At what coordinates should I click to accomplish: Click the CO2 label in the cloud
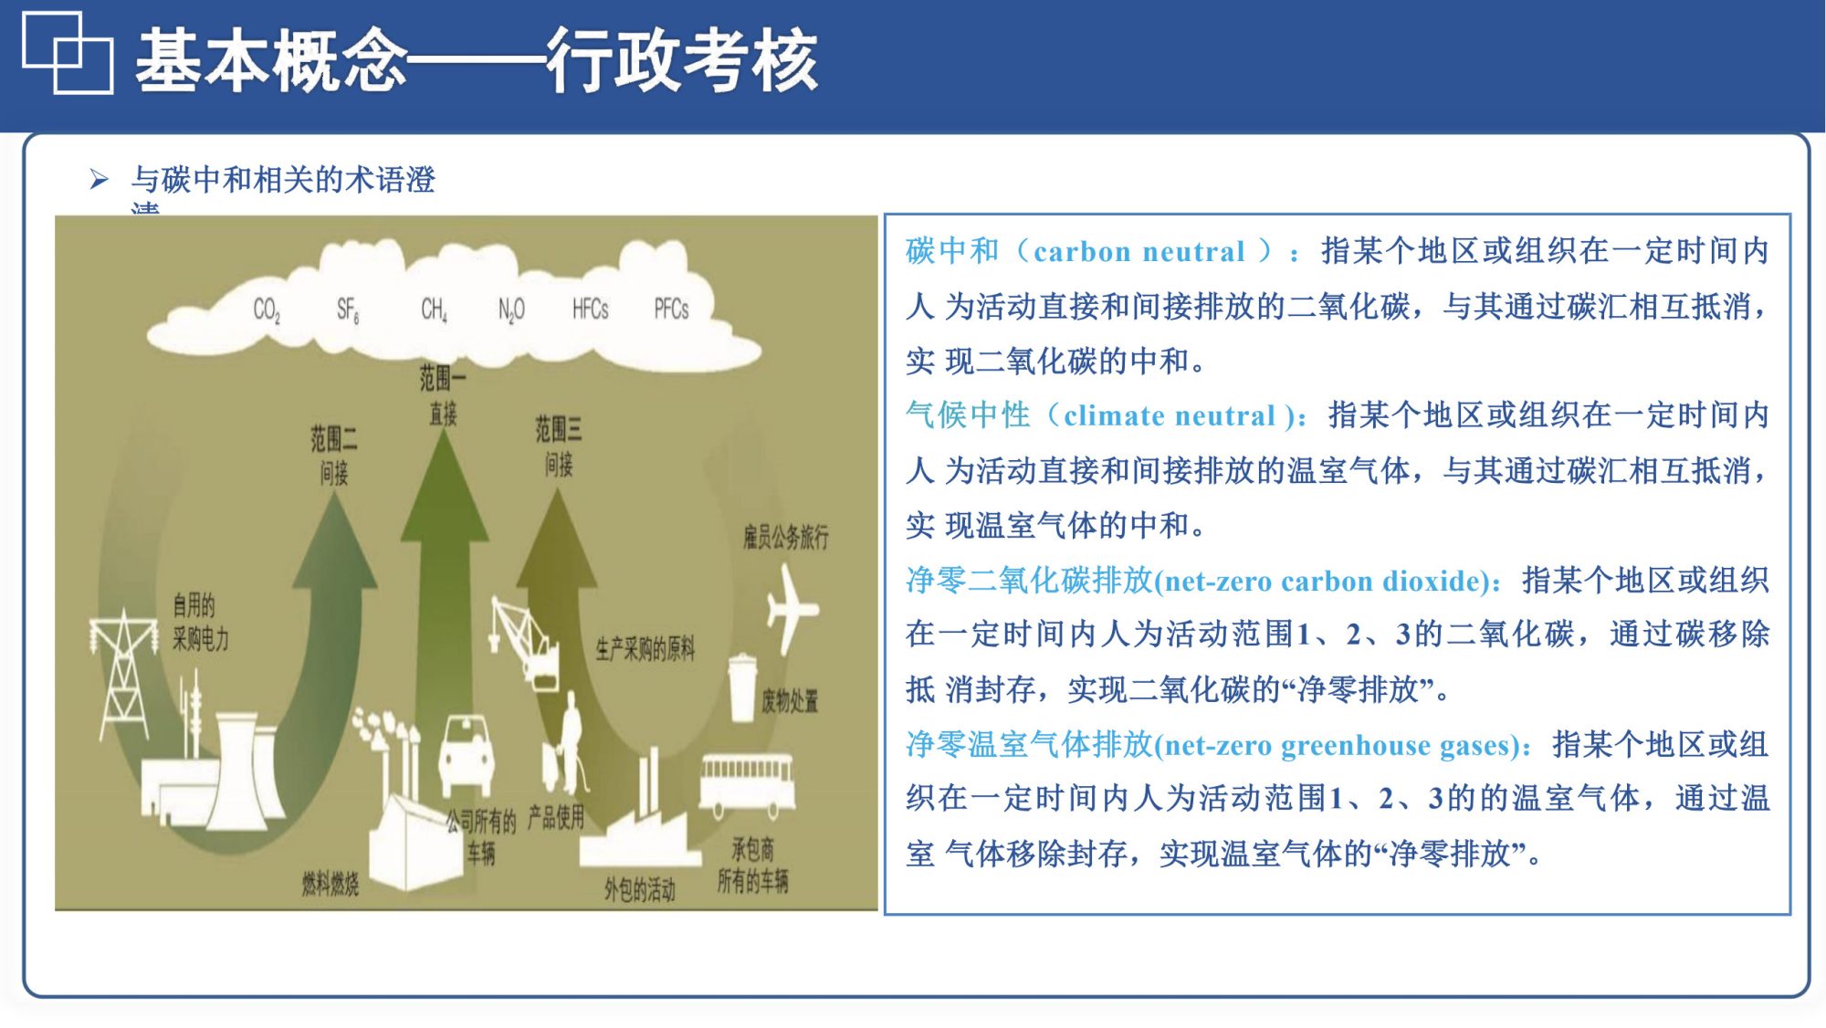tap(267, 310)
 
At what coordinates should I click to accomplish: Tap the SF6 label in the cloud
tap(348, 310)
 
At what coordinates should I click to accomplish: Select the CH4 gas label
tap(434, 310)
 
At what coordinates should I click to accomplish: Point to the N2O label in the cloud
tap(511, 310)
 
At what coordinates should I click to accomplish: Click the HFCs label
tap(590, 309)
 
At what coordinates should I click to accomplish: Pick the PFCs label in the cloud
tap(671, 309)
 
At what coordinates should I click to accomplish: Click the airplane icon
tap(791, 608)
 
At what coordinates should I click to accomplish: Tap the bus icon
tap(747, 783)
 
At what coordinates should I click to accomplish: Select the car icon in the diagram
tap(467, 754)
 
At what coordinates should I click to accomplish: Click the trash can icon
tap(742, 687)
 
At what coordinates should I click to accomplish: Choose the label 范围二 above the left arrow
tap(333, 439)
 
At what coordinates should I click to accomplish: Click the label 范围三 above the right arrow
tap(558, 429)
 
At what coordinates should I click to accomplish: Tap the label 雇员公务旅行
tap(785, 537)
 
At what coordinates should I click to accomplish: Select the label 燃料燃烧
tap(331, 884)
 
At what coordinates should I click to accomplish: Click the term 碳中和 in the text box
tap(952, 251)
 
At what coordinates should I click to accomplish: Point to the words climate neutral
tap(1169, 416)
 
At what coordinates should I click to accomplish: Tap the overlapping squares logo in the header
tap(68, 53)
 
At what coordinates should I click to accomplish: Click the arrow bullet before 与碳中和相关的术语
tap(99, 179)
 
